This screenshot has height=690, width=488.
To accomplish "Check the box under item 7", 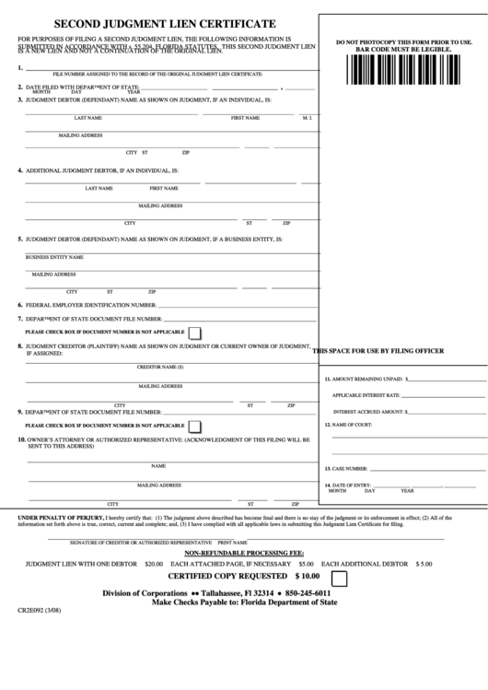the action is coord(194,332).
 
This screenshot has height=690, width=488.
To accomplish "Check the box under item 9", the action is coord(194,427).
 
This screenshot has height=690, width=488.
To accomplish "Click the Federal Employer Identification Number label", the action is coord(90,304).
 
